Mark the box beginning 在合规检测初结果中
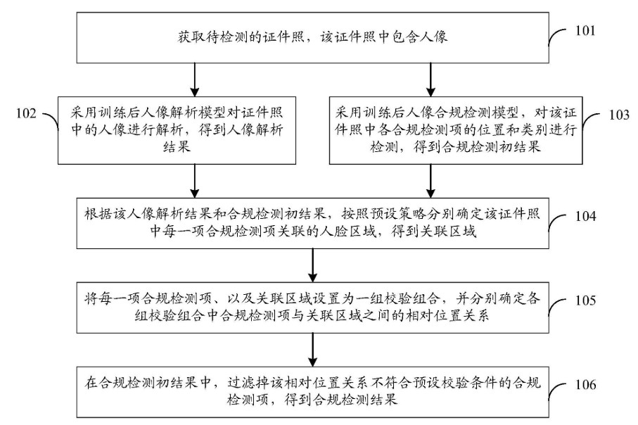pyautogui.click(x=312, y=393)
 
